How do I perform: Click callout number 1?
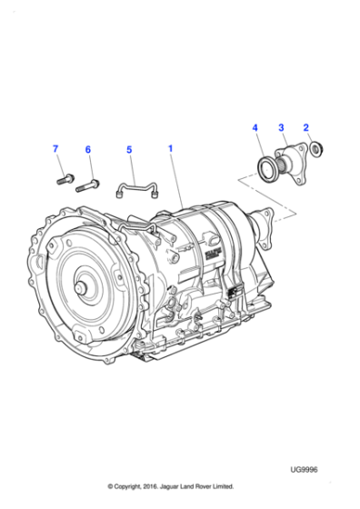168,146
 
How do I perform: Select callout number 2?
306,128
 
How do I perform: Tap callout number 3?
281,128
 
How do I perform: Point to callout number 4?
255,128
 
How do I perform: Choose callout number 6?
88,149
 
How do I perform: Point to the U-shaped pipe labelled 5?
136,189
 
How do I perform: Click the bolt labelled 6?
86,186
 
